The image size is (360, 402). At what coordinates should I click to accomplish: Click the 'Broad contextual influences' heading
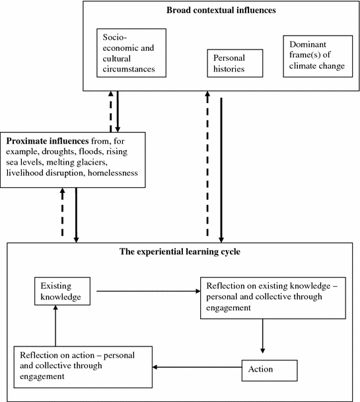tap(221, 11)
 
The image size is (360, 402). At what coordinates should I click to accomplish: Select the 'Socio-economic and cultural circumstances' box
tap(131, 53)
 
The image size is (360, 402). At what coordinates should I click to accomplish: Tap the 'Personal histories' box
tap(235, 63)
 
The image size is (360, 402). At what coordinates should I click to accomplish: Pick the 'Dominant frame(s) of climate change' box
tap(318, 56)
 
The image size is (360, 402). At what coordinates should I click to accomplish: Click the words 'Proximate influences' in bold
tap(48, 141)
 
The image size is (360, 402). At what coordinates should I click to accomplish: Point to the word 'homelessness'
tap(113, 173)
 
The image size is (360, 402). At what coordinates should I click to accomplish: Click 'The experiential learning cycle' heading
tap(180, 251)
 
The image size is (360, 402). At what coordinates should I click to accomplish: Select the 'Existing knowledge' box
tap(62, 291)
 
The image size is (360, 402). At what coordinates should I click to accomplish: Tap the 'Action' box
tap(270, 370)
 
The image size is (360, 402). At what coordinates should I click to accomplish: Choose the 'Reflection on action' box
tap(83, 367)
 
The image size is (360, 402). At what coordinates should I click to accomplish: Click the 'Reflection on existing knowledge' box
tap(273, 298)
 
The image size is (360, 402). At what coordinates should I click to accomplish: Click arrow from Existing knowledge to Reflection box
tap(149, 291)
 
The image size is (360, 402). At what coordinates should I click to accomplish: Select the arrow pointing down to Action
tap(262, 336)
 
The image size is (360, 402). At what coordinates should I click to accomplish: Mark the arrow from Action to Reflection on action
tap(197, 367)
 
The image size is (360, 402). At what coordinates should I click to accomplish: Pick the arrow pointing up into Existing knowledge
tap(55, 325)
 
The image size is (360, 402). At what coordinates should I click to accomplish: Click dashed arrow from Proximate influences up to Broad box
tap(110, 112)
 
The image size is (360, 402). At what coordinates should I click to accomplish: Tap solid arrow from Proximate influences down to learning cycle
tap(76, 215)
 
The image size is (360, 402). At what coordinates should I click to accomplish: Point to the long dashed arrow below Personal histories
tap(207, 163)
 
